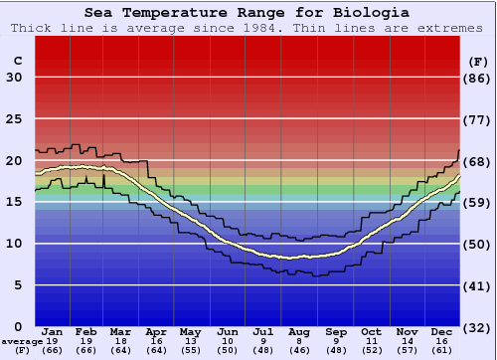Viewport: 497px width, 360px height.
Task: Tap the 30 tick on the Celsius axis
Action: tap(14, 78)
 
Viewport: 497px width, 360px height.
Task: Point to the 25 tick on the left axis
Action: tap(14, 119)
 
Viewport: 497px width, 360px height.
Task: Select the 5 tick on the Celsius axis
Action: tap(18, 285)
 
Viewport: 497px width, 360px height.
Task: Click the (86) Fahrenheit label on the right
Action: tap(478, 78)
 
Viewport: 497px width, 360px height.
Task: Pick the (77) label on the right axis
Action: tap(478, 119)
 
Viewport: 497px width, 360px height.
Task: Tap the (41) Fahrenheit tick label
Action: tap(478, 285)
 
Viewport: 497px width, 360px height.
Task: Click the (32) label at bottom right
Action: tap(478, 327)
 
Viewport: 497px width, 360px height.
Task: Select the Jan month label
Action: tap(53, 331)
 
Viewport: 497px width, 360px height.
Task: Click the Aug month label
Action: tap(299, 331)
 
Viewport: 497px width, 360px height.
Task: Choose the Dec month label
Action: tap(442, 331)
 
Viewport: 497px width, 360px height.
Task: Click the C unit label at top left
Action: tap(18, 61)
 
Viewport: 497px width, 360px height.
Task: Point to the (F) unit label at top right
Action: tap(478, 61)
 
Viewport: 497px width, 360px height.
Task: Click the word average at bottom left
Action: tap(21, 341)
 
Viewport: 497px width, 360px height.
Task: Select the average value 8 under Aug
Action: tap(299, 340)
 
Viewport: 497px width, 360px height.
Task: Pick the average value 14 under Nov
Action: tap(407, 340)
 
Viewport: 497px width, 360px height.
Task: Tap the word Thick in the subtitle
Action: tap(31, 27)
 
